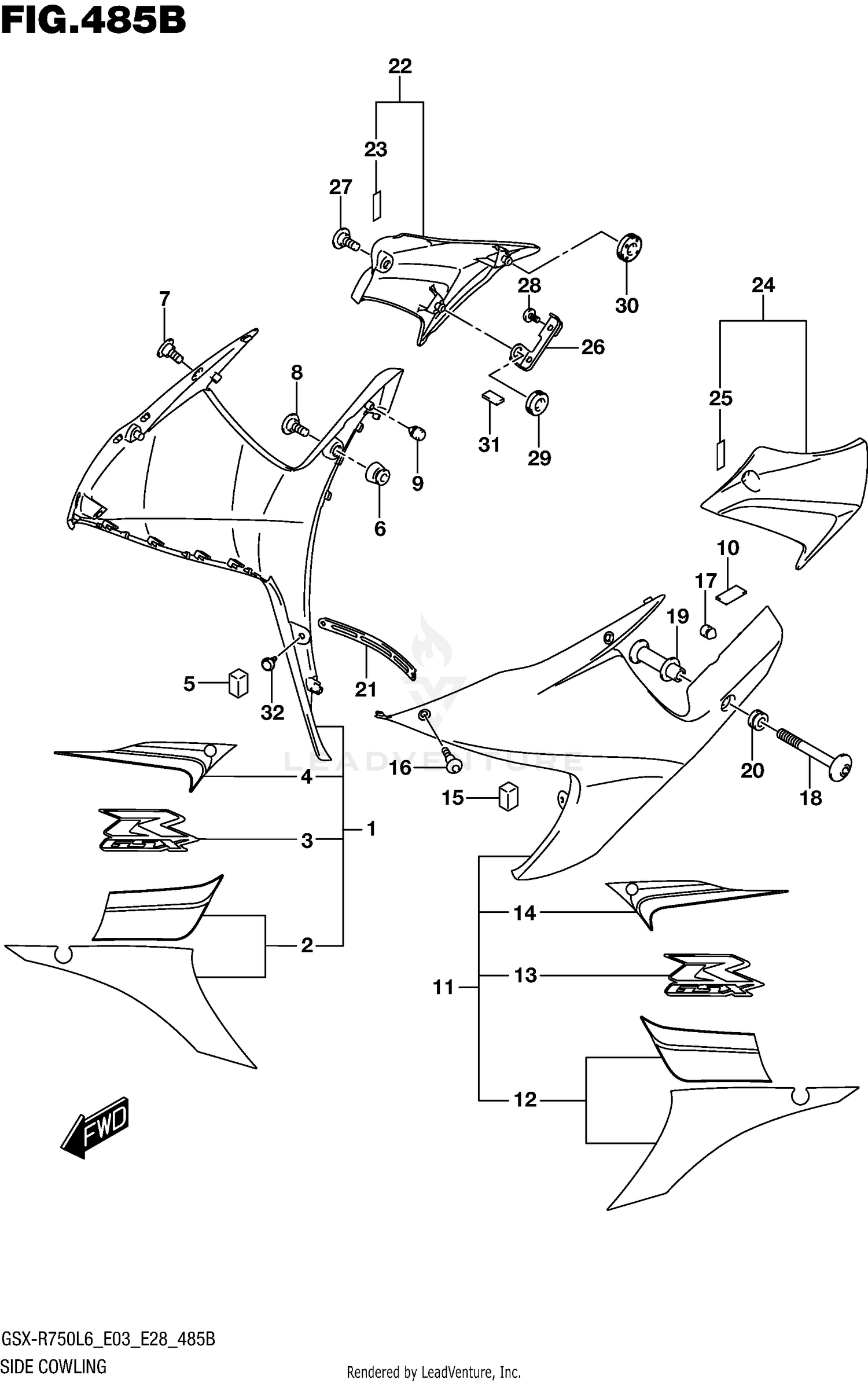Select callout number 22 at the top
point(400,67)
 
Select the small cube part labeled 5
point(238,683)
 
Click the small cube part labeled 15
point(508,797)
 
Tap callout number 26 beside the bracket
point(593,347)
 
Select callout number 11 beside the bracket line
point(443,987)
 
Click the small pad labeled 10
point(732,595)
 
